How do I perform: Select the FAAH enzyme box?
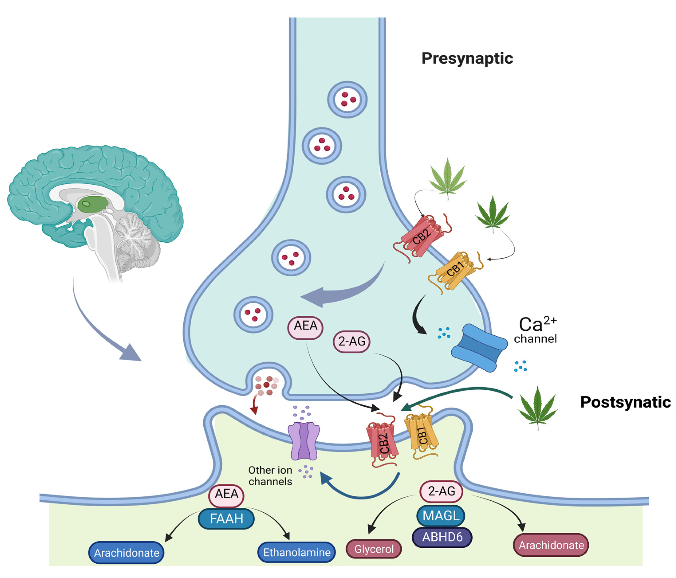[226, 518]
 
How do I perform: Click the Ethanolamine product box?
[297, 552]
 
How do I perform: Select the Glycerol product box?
[373, 549]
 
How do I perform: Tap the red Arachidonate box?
[551, 545]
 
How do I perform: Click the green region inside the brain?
[93, 204]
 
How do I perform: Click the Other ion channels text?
[270, 476]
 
